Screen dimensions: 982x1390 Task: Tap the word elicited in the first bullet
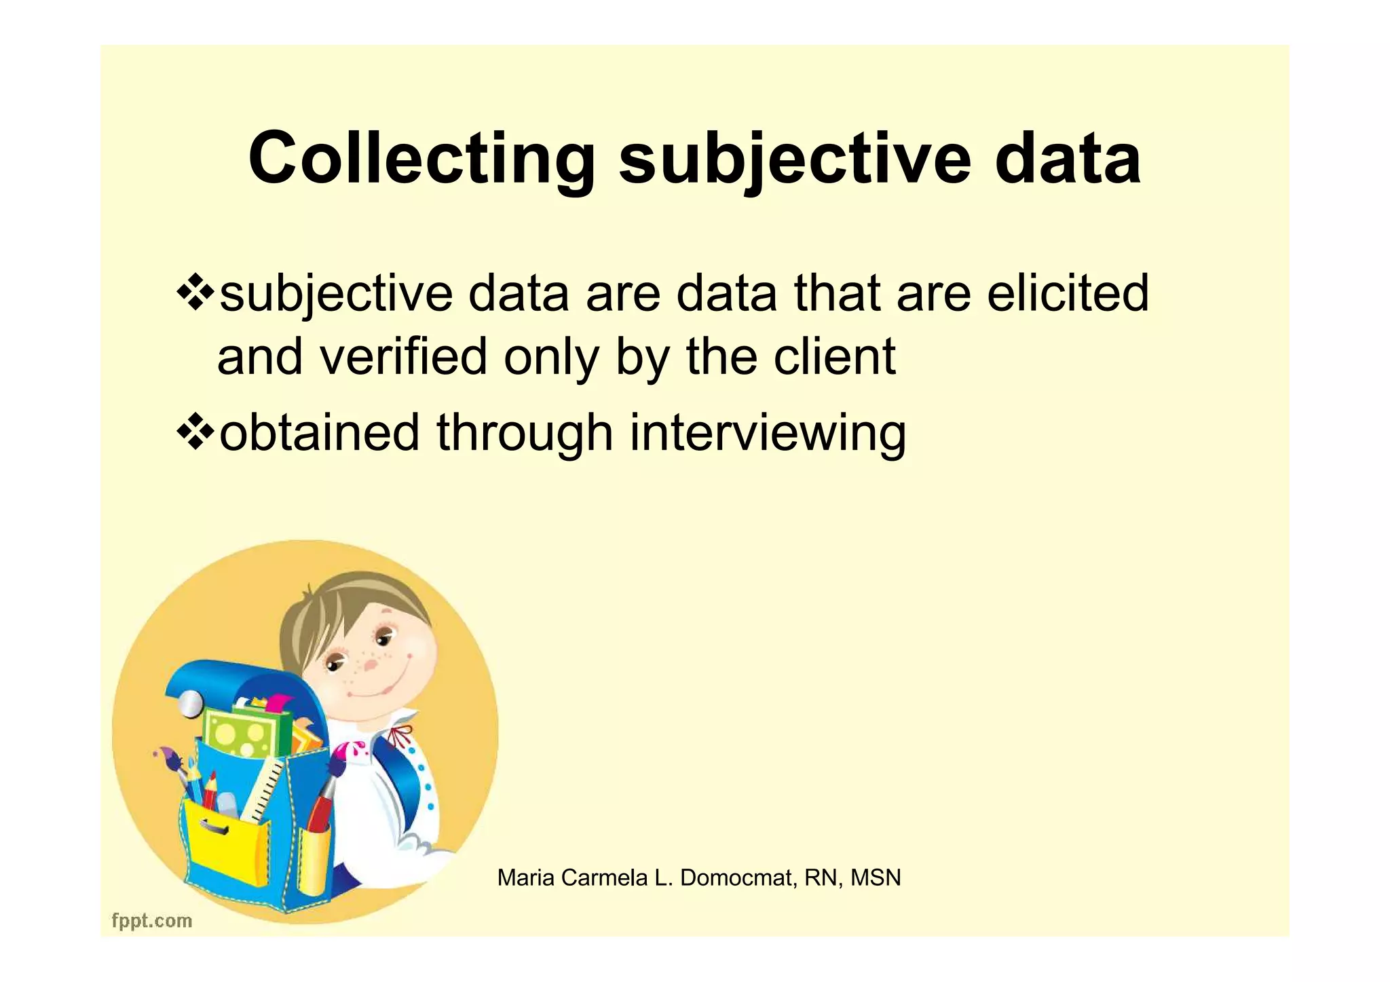[x=1068, y=293]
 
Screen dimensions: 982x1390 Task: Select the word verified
[x=403, y=357]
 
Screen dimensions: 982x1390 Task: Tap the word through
[x=525, y=432]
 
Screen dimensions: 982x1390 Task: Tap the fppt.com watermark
[x=152, y=921]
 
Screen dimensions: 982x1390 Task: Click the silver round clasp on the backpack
[x=191, y=704]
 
